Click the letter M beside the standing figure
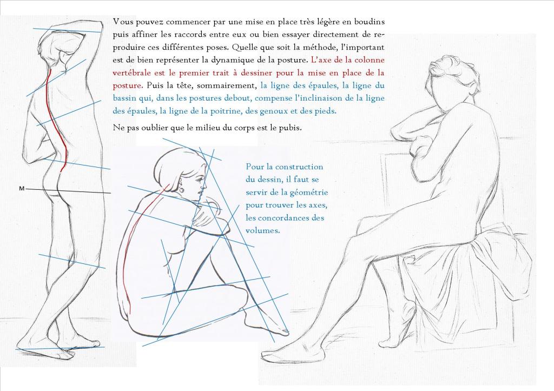pos(22,189)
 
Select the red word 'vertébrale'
pos(130,73)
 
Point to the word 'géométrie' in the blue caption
pos(309,192)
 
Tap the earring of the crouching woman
pos(182,189)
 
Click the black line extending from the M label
pos(68,191)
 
